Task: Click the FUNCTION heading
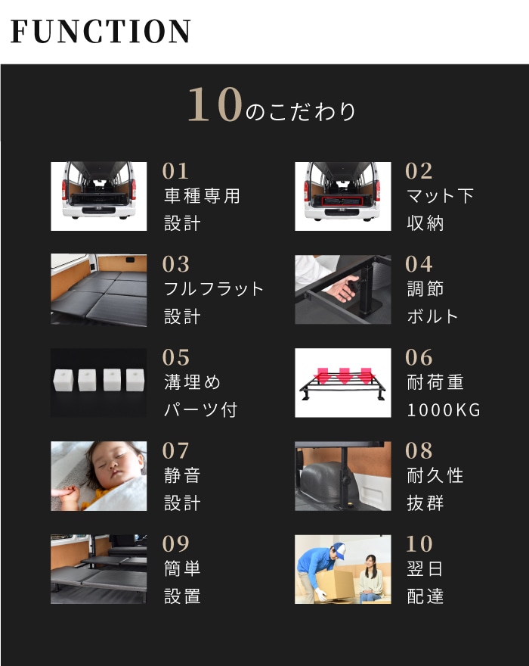[x=101, y=31]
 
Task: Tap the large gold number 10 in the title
[x=215, y=104]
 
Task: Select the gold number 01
[x=175, y=172]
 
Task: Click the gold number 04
[x=419, y=264]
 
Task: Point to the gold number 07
[x=175, y=450]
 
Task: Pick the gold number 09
[x=175, y=543]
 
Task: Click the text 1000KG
[x=444, y=410]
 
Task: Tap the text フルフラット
[x=214, y=289]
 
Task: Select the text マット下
[x=440, y=196]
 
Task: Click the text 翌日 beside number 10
[x=425, y=569]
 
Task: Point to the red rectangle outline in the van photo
[x=342, y=201]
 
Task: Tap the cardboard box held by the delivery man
[x=335, y=584]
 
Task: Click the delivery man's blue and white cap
[x=339, y=549]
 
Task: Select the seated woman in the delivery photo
[x=370, y=578]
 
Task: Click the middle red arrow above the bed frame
[x=344, y=375]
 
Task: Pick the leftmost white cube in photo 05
[x=63, y=380]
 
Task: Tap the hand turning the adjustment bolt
[x=344, y=288]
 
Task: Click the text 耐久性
[x=435, y=476]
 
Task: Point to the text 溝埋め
[x=193, y=382]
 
